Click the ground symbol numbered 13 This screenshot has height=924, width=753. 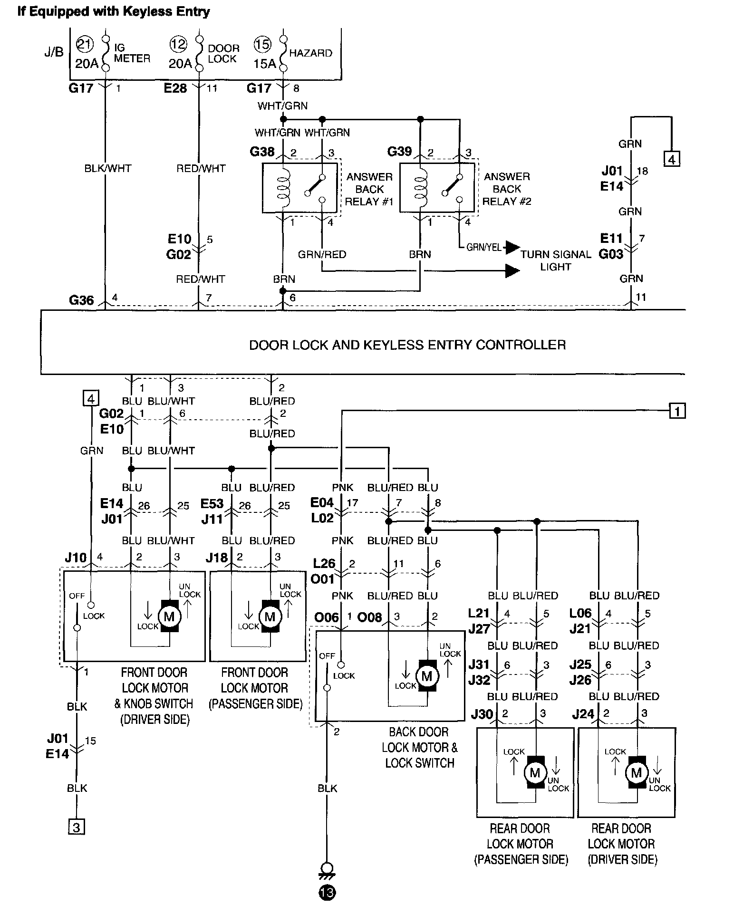tap(327, 893)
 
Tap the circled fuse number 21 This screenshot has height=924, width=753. tap(84, 45)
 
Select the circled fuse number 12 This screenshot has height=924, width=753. tap(178, 45)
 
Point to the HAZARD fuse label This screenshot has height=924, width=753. tap(310, 53)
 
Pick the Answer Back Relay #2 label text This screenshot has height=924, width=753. tap(507, 189)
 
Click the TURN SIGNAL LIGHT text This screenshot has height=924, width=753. tap(555, 260)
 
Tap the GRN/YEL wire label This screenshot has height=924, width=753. tap(483, 248)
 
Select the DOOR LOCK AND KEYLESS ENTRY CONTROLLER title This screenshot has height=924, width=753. tap(407, 345)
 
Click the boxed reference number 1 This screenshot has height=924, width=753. tap(677, 410)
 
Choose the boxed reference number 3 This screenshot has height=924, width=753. tap(76, 828)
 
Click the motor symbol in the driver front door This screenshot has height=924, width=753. tap(169, 617)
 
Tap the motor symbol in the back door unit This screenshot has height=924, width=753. tap(427, 676)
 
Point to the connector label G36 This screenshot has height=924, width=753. tap(81, 300)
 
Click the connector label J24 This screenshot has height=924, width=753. tap(583, 714)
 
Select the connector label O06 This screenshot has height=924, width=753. tap(327, 617)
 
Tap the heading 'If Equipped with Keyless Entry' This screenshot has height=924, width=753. tap(114, 11)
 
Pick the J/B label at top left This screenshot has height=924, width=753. tap(54, 52)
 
